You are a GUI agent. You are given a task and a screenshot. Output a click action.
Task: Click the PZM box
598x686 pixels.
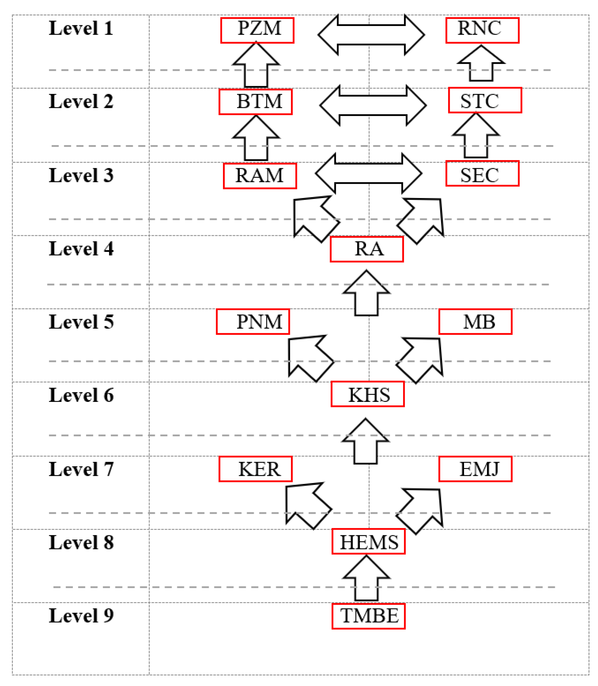point(257,30)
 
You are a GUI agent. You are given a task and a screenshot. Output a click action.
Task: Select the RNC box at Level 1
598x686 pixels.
point(482,30)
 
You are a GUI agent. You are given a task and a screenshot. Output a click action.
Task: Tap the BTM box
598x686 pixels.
point(256,102)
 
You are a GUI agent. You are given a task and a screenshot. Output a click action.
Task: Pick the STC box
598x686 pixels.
point(485,100)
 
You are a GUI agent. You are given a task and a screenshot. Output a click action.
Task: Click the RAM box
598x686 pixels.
point(260,176)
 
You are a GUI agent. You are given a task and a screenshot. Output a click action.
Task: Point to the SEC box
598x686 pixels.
point(482,173)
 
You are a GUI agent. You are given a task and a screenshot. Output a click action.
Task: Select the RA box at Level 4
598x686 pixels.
point(367,249)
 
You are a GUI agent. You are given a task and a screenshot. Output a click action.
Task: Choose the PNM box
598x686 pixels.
point(253,322)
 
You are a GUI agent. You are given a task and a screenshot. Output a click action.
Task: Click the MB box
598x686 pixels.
point(475,322)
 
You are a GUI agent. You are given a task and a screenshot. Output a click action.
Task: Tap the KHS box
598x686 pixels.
point(368,394)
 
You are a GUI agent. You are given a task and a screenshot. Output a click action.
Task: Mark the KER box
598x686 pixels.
point(256,469)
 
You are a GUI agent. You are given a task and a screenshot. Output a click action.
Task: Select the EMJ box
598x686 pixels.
point(475,469)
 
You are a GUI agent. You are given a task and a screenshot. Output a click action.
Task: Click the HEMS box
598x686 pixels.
point(368,541)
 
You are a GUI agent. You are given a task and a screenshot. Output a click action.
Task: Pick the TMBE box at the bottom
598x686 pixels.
point(368,616)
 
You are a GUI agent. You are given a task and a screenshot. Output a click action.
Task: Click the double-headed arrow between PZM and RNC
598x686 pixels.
point(371,35)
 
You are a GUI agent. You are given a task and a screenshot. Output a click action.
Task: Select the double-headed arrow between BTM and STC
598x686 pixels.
point(373,105)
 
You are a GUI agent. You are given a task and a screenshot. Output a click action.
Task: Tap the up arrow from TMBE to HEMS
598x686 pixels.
point(366,579)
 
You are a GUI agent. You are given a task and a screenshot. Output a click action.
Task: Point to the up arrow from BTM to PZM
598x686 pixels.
point(256,67)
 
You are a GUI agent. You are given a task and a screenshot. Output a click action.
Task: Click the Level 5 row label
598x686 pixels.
point(81,322)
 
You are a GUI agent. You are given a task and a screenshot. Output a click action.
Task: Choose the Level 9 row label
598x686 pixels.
point(81,616)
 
